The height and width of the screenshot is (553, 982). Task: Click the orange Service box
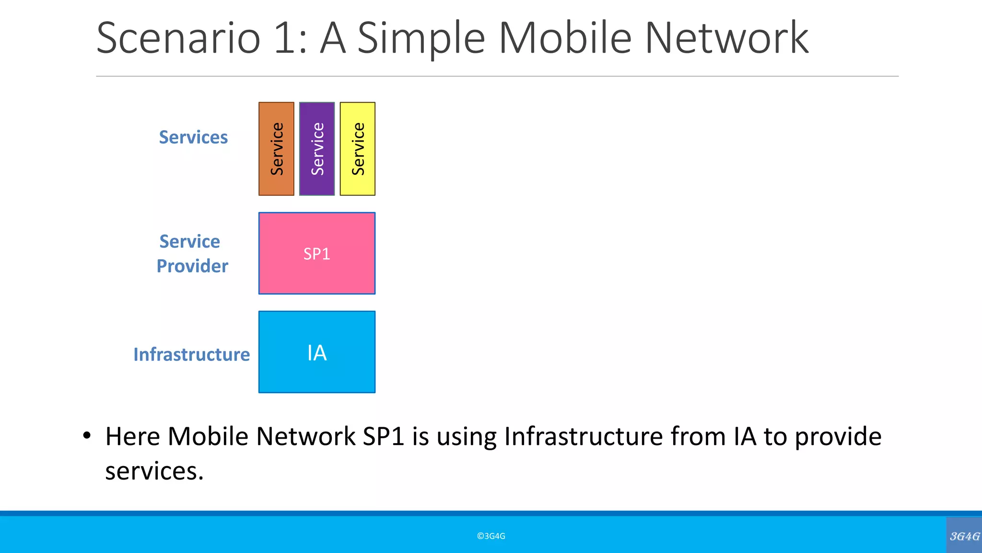point(276,149)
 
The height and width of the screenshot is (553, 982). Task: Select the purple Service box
point(317,149)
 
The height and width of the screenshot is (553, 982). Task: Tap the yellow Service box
point(358,149)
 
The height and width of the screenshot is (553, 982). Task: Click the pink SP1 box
point(317,253)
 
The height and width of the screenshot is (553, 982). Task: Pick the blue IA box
point(317,352)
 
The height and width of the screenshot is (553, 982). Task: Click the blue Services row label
point(193,137)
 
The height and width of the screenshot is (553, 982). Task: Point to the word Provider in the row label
point(192,266)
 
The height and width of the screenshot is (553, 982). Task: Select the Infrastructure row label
point(191,354)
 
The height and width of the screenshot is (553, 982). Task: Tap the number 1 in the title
point(285,38)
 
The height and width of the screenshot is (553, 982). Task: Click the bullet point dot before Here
point(86,436)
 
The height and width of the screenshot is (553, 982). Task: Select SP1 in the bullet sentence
point(384,437)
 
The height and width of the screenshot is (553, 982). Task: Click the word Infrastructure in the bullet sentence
point(583,437)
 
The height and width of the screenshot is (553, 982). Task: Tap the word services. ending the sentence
point(154,471)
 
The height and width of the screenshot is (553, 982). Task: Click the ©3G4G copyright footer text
point(491,536)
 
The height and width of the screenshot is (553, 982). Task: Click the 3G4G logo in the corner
point(964,536)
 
